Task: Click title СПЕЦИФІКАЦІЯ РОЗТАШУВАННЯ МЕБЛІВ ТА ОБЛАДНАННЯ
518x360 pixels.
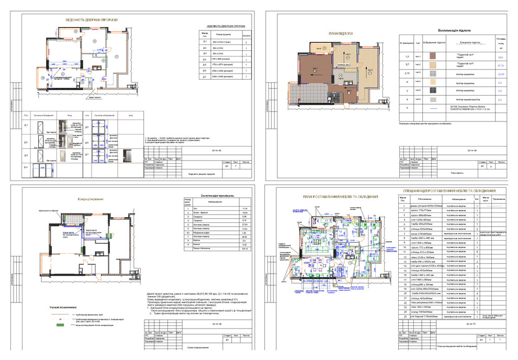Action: click(x=450, y=191)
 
